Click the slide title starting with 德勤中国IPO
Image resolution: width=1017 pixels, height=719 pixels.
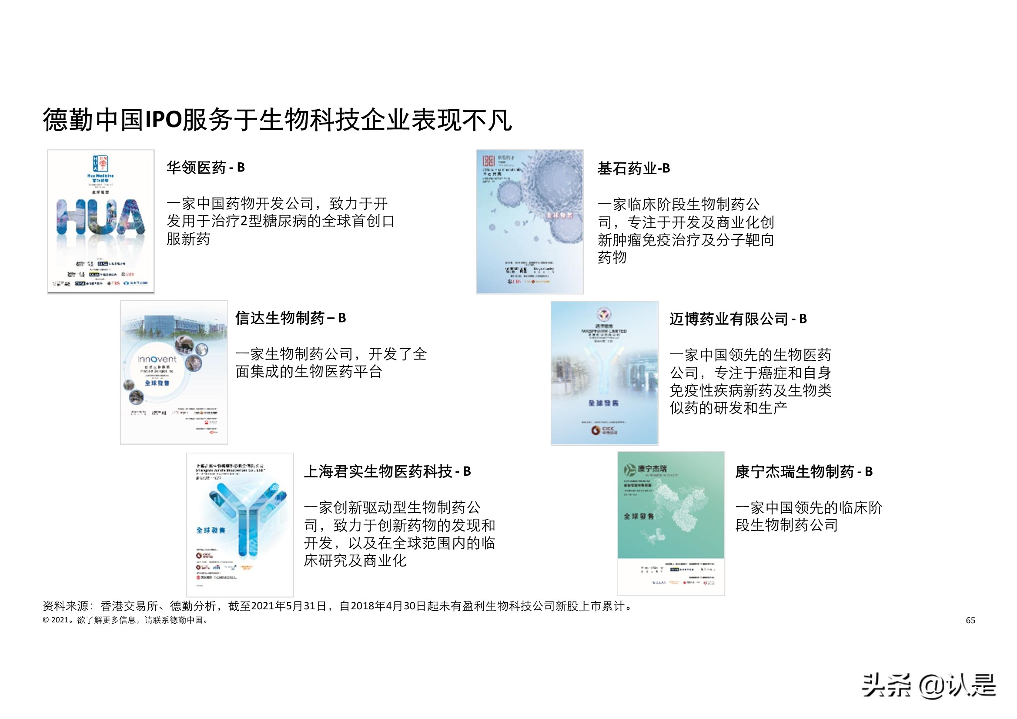click(277, 120)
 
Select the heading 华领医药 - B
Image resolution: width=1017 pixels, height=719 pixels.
click(205, 168)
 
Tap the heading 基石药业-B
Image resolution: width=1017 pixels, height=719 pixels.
click(633, 168)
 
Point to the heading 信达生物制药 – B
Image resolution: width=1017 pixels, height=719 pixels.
click(290, 318)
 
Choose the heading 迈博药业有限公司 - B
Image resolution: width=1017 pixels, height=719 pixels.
click(738, 319)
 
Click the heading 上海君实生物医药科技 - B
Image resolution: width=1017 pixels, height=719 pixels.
click(387, 472)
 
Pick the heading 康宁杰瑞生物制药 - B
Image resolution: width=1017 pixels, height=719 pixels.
click(803, 472)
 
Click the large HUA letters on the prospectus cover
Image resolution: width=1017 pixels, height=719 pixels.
click(101, 217)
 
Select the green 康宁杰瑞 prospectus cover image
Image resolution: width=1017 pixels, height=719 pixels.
click(671, 523)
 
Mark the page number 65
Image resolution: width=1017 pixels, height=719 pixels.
click(970, 621)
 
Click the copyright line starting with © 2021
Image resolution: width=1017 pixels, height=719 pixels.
click(125, 620)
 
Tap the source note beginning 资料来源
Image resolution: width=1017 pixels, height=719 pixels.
click(338, 606)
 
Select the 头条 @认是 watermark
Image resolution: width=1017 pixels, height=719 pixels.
click(928, 685)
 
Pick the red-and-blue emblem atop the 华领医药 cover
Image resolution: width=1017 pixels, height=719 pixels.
click(100, 163)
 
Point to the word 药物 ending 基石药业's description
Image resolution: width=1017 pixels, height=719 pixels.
click(612, 258)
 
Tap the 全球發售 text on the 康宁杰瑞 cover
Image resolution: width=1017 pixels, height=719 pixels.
click(638, 517)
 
